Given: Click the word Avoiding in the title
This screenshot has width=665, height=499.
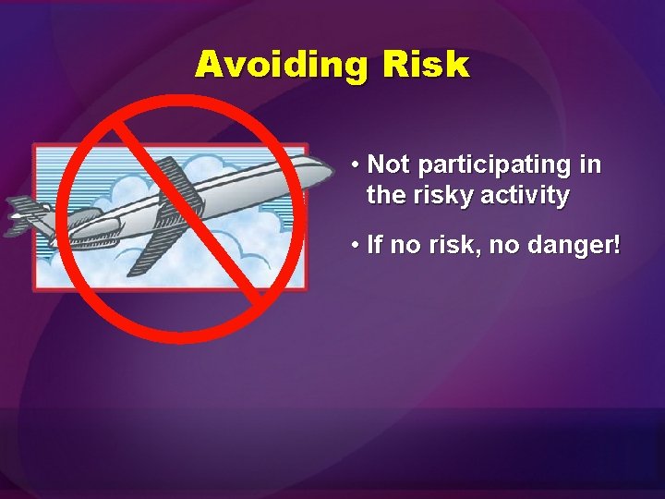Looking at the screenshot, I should (x=273, y=65).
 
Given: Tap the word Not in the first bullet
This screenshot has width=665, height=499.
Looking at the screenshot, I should (x=388, y=164).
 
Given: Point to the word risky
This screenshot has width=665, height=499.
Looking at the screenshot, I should (x=448, y=195).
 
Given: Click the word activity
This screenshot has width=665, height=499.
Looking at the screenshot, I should (x=528, y=195).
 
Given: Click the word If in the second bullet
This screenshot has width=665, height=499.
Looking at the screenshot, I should (x=374, y=247).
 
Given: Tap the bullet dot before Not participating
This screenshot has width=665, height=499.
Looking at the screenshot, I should (x=356, y=166).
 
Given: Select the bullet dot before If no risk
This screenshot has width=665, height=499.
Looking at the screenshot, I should (x=356, y=248).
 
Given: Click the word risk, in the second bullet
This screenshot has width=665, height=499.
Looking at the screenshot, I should (x=453, y=247).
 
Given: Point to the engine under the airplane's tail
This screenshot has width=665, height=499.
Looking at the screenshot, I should (x=79, y=219).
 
